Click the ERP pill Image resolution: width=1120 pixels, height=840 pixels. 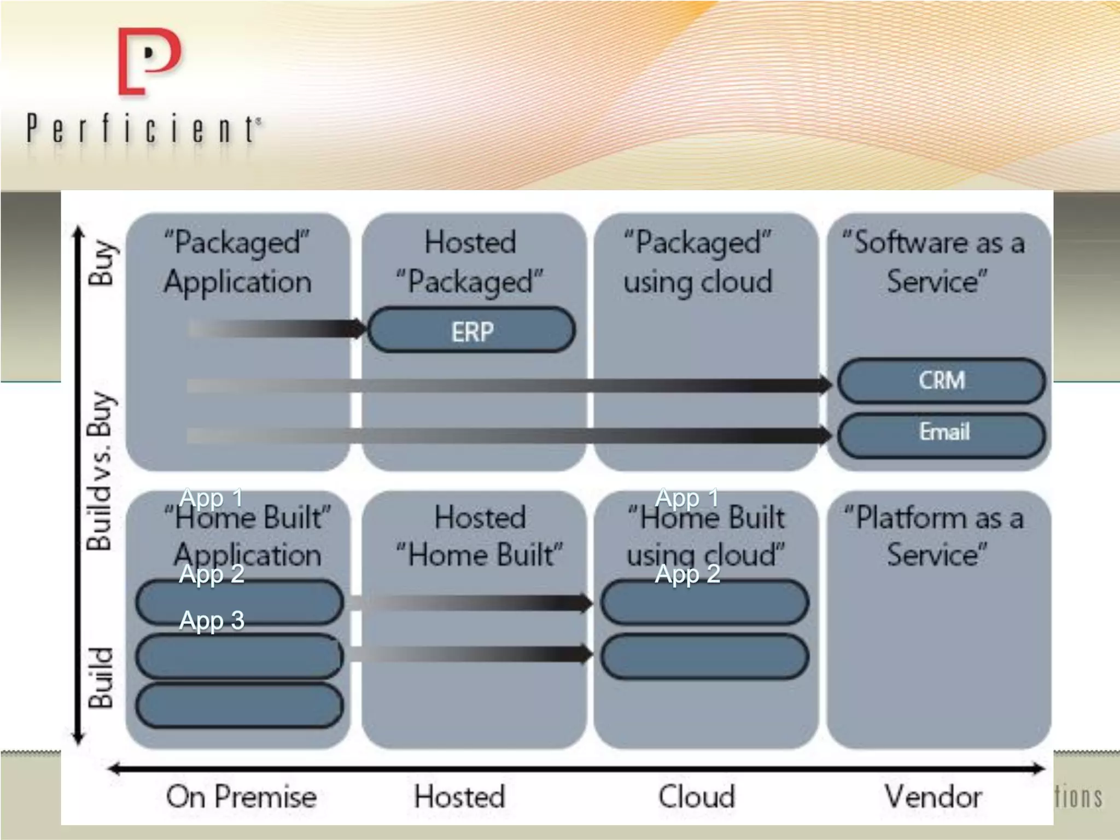click(471, 330)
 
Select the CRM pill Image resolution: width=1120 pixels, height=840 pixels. click(941, 381)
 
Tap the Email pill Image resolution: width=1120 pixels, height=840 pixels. click(941, 432)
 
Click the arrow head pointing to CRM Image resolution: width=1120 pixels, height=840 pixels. click(824, 385)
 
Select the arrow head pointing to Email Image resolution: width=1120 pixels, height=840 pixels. click(824, 436)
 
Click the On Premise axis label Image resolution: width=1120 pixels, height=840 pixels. click(241, 796)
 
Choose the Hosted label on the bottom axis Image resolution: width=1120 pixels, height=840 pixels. click(459, 796)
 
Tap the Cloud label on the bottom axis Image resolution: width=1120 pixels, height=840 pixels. click(696, 796)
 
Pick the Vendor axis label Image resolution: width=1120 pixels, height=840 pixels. click(933, 796)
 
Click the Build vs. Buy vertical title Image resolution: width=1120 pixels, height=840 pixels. click(101, 470)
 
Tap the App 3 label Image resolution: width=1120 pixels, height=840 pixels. click(212, 621)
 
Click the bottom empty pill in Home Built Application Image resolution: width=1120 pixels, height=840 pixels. click(240, 705)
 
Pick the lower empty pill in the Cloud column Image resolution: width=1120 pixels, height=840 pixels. click(704, 656)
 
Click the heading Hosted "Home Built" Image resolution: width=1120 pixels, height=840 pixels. click(479, 536)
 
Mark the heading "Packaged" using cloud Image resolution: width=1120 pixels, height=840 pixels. click(698, 261)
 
